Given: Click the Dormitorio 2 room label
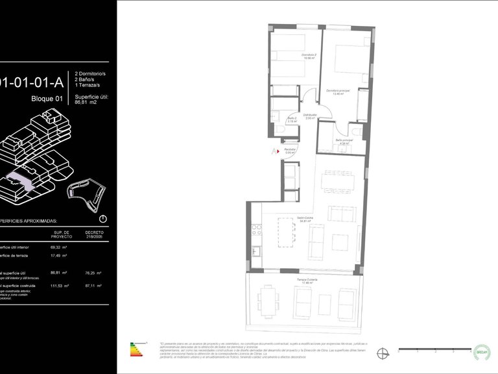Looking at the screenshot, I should pos(309,56).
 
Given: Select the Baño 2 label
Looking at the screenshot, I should pos(292,119).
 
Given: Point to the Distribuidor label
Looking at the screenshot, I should pos(310,116).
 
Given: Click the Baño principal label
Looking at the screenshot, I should pos(344,142).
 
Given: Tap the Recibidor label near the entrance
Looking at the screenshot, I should pos(290,151).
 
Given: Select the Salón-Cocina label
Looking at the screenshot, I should pos(305,219).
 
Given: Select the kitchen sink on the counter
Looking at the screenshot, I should pos(255,251).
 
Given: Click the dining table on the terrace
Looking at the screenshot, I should pos(267,301).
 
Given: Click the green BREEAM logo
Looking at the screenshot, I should pos(482,351).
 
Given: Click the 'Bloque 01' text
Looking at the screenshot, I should pos(47,99).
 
